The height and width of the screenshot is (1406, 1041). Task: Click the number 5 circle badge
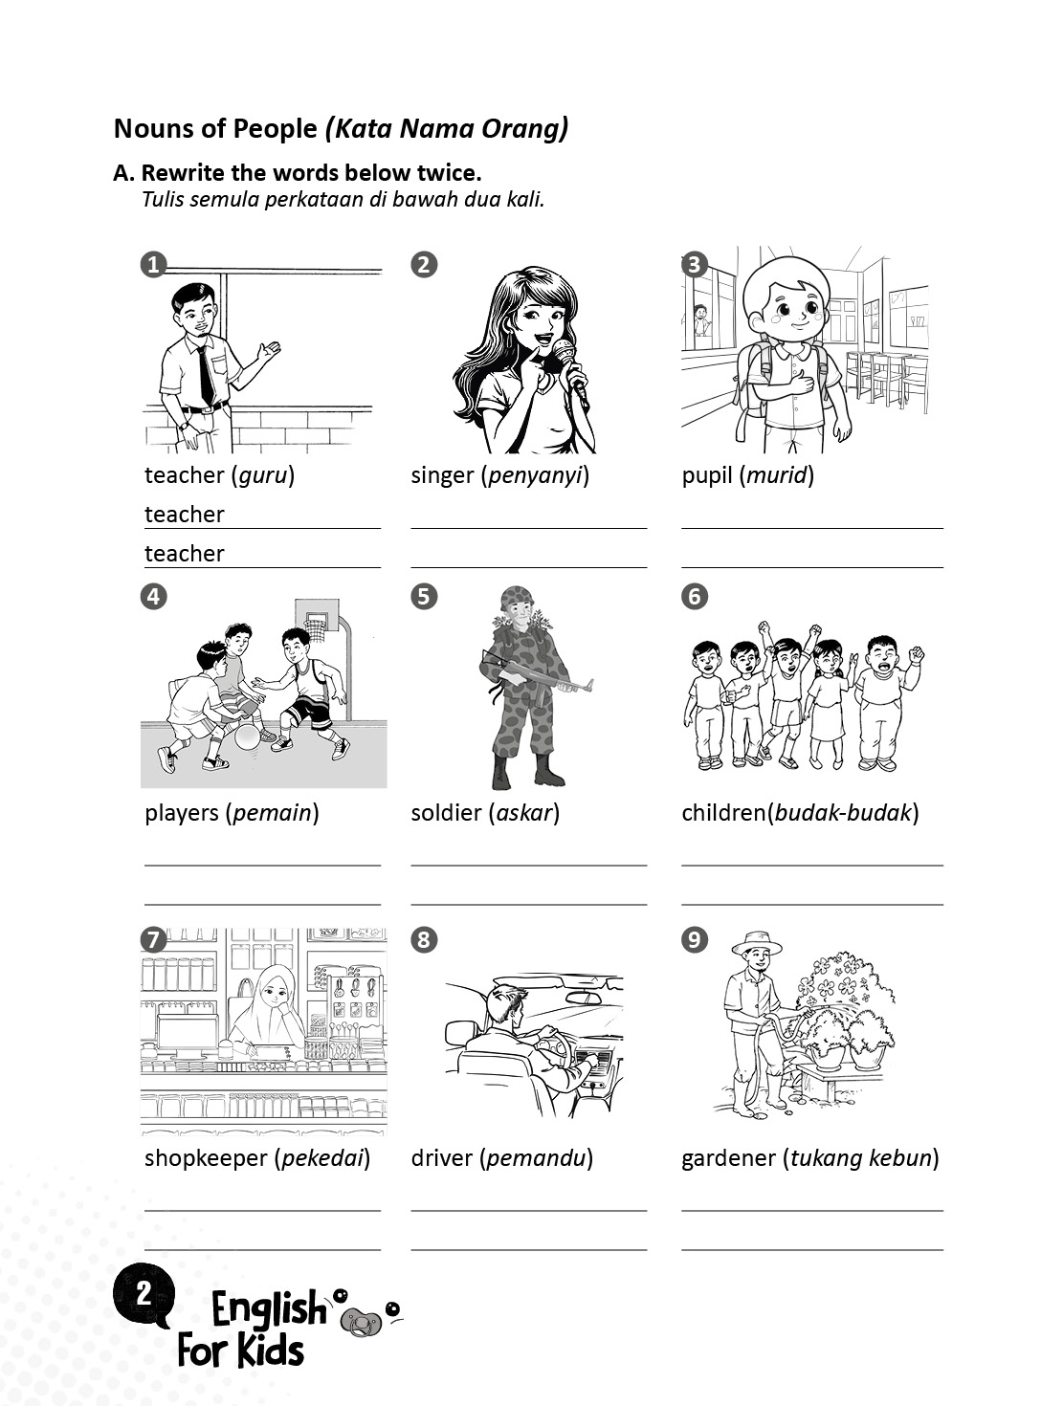pyautogui.click(x=423, y=597)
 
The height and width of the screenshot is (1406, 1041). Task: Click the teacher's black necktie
pyautogui.click(x=206, y=376)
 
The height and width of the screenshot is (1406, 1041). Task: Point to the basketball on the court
pyautogui.click(x=248, y=736)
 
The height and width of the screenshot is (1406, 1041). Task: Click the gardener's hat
pyautogui.click(x=756, y=943)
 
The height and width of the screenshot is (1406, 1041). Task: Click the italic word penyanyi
pyautogui.click(x=535, y=475)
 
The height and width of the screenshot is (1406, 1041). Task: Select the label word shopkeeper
pyautogui.click(x=206, y=1158)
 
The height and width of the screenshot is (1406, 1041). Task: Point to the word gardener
pyautogui.click(x=728, y=1158)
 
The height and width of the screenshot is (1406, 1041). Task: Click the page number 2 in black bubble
pyautogui.click(x=144, y=1293)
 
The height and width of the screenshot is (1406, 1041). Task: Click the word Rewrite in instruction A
pyautogui.click(x=183, y=173)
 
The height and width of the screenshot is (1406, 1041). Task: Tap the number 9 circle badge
pyautogui.click(x=695, y=940)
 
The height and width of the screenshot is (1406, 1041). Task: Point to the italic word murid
pyautogui.click(x=776, y=475)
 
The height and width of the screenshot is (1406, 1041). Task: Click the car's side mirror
pyautogui.click(x=462, y=1032)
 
